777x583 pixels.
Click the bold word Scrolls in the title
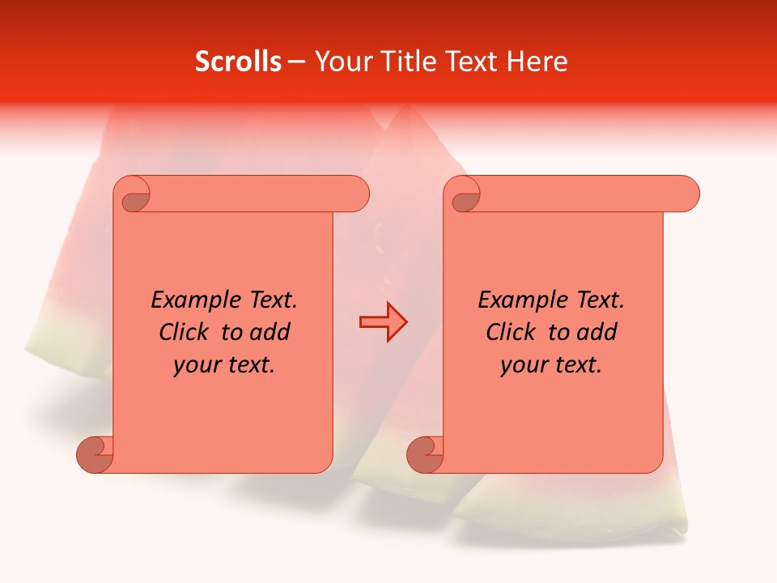click(x=239, y=62)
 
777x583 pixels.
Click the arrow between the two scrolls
click(x=383, y=322)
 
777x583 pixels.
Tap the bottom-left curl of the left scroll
click(x=96, y=453)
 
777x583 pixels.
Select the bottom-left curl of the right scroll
click(x=426, y=453)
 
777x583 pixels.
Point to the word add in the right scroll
click(x=597, y=333)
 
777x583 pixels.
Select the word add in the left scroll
click(x=270, y=333)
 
